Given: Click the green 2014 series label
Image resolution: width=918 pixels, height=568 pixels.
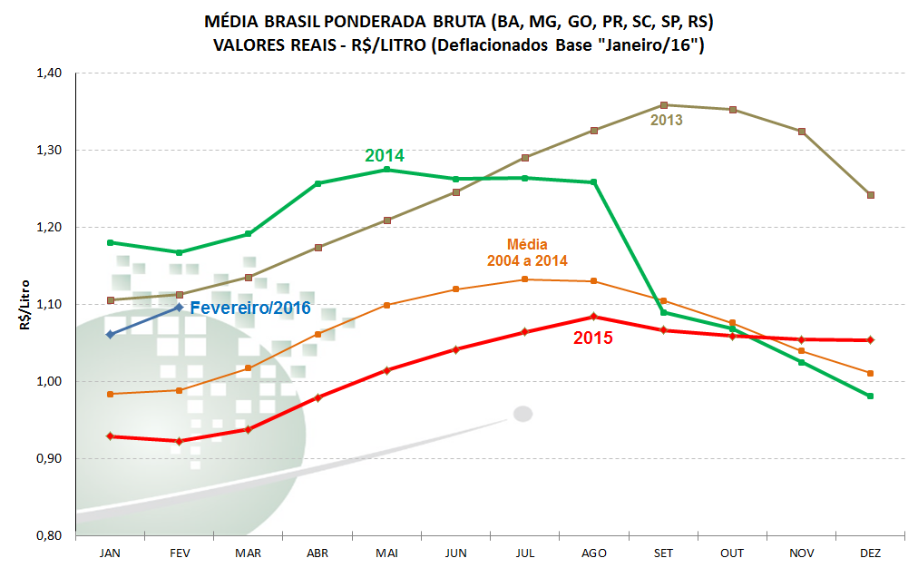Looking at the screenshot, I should tap(385, 155).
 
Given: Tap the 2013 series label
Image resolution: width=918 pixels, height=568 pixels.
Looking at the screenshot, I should tap(667, 119).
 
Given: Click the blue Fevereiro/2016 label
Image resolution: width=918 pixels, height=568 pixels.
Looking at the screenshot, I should tap(250, 308).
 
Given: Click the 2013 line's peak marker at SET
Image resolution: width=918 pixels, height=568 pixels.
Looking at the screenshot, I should tap(664, 105).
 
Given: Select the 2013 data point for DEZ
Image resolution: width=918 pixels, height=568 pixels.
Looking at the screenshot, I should tap(870, 195).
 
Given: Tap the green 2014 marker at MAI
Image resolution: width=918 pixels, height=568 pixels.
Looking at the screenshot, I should tap(386, 170).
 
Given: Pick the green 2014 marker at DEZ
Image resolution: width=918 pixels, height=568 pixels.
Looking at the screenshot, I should tap(870, 396).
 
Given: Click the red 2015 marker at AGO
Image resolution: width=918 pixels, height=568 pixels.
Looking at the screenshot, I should tap(593, 317).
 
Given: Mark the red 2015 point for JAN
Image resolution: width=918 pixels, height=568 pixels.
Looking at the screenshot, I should tap(111, 436).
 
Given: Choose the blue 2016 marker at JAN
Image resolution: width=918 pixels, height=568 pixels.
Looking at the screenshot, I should tap(111, 334).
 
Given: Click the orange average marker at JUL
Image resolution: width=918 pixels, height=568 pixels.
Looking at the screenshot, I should tap(524, 279).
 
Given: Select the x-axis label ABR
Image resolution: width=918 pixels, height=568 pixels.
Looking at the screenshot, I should tap(317, 553).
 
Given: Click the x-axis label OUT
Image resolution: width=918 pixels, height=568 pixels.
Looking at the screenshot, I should tap(732, 553).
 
